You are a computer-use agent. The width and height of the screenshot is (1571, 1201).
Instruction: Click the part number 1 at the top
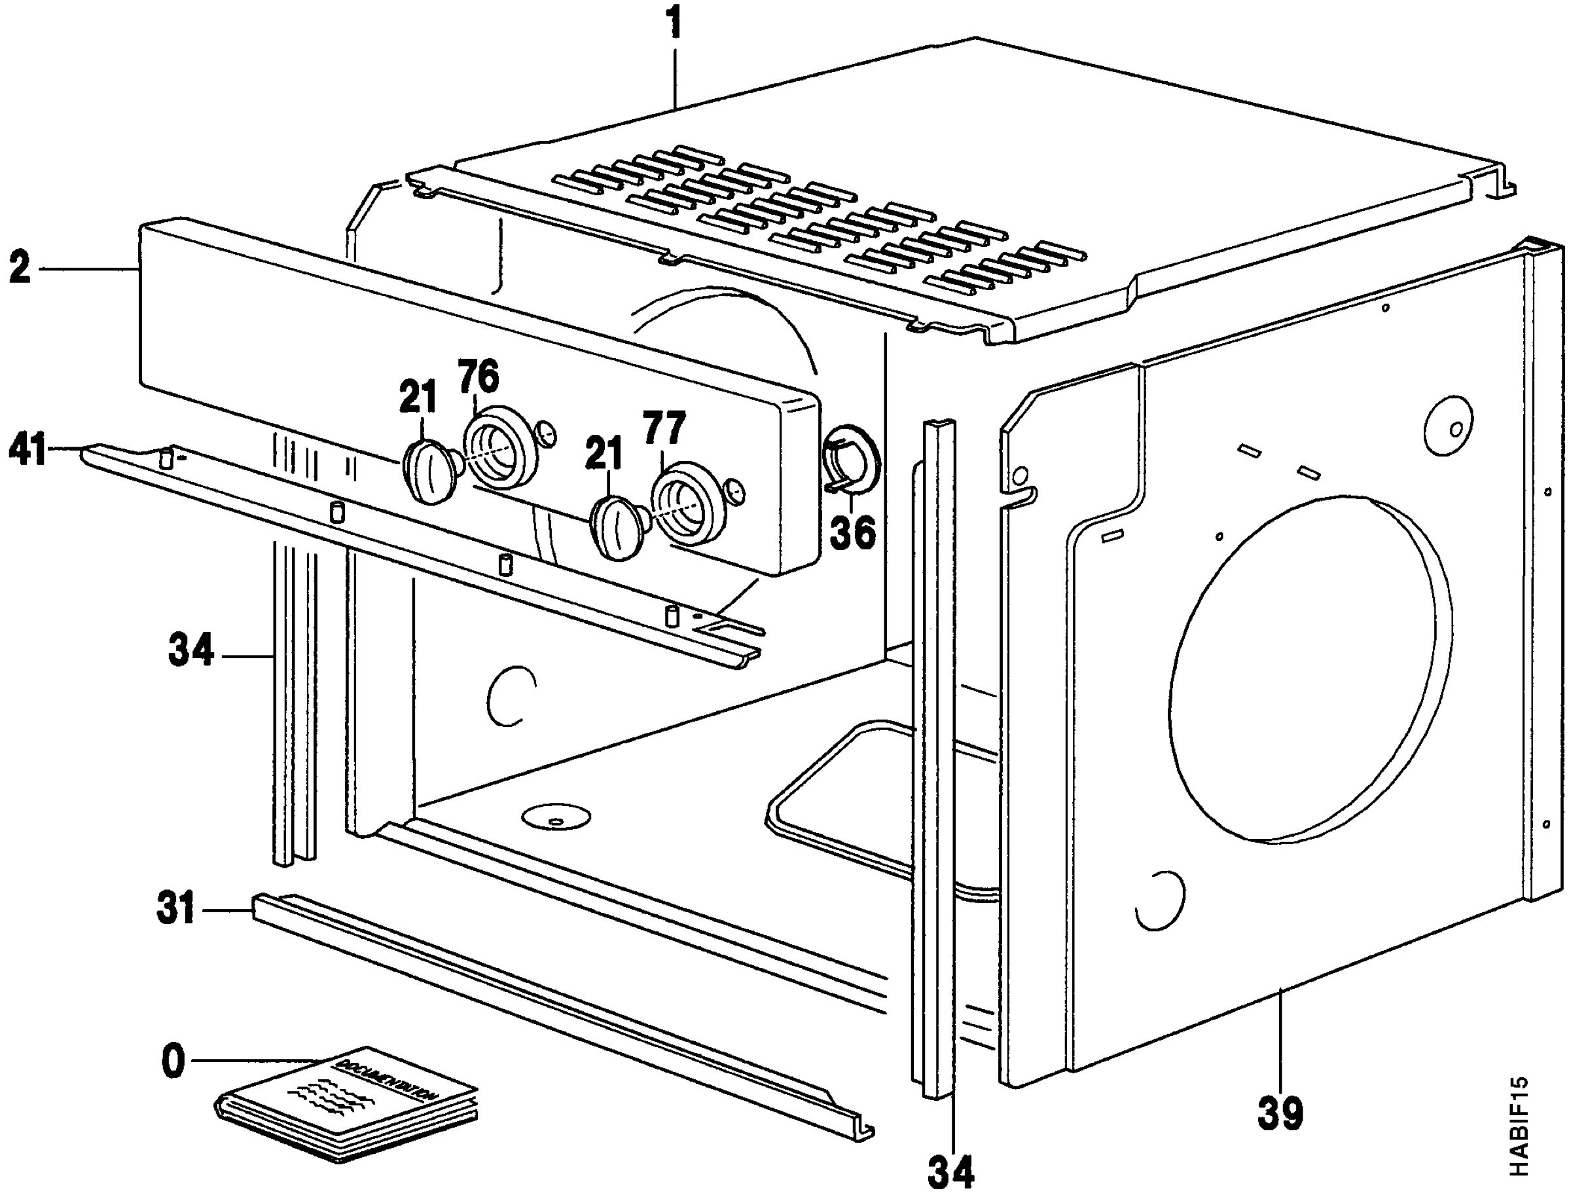(x=673, y=23)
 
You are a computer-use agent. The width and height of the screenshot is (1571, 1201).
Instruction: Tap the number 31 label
(x=175, y=910)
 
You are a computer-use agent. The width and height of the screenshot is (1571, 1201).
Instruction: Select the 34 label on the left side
(x=190, y=652)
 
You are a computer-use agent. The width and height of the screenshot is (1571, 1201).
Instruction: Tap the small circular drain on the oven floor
(x=556, y=817)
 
